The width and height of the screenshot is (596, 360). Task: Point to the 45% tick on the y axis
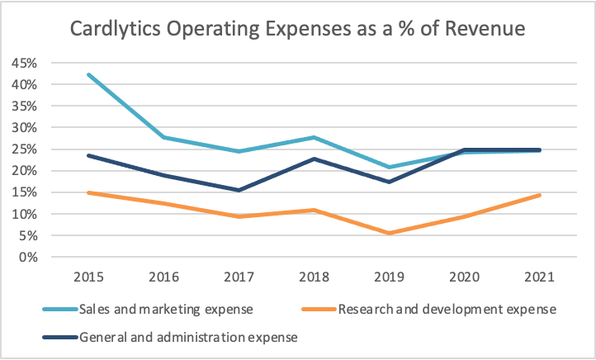pos(23,63)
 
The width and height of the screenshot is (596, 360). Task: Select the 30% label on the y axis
pos(23,127)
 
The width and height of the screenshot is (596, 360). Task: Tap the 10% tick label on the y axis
pos(23,214)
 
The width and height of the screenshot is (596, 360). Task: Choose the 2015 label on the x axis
pos(88,275)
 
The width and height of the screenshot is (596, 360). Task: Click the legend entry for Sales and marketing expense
pos(149,310)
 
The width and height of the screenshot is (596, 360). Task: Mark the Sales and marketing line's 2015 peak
pos(88,74)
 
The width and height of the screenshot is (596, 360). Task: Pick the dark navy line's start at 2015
pos(88,155)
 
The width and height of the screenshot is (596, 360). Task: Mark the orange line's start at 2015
pos(88,192)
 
